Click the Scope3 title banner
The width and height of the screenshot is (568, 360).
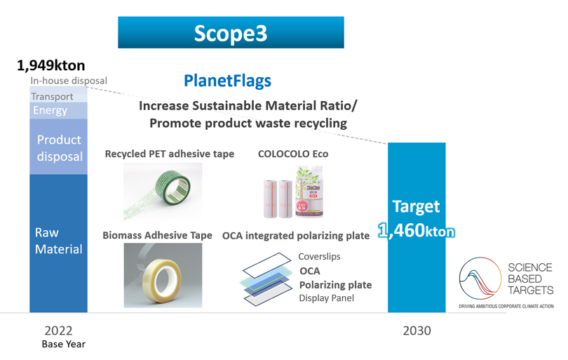(231, 32)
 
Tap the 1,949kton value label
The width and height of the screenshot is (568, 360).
(51, 65)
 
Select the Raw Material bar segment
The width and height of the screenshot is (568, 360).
(58, 243)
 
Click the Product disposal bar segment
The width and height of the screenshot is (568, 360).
(58, 147)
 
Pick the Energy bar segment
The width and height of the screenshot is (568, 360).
(58, 111)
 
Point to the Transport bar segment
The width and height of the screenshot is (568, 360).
(58, 97)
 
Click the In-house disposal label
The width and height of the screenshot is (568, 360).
(69, 81)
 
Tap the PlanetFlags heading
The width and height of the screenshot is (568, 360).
(227, 81)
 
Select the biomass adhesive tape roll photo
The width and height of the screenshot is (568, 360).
(163, 275)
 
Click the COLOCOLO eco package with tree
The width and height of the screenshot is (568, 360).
(309, 192)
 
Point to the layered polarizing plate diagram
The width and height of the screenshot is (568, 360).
(267, 279)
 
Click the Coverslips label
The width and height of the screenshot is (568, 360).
(319, 256)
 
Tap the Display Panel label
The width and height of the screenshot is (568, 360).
(326, 298)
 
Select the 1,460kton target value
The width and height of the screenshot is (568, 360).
(417, 231)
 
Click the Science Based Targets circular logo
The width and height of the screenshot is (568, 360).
(480, 279)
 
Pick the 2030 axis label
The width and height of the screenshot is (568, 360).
(417, 331)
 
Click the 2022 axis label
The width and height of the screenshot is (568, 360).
(58, 331)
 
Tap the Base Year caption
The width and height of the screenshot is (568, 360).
(64, 344)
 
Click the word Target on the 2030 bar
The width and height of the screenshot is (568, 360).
(417, 206)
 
